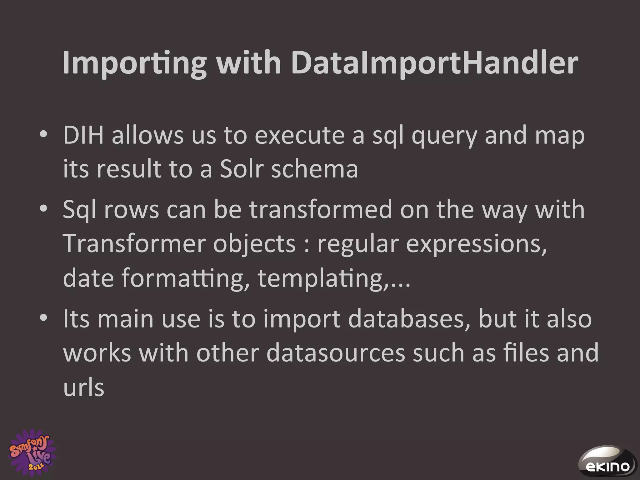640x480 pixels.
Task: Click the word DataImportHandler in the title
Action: [434, 63]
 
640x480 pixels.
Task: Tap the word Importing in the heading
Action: [134, 63]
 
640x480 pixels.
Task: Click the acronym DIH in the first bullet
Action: [83, 136]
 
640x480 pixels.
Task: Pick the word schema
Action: [314, 169]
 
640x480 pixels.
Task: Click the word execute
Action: [299, 136]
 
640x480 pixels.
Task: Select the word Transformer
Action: [134, 244]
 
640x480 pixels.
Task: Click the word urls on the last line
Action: [83, 387]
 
